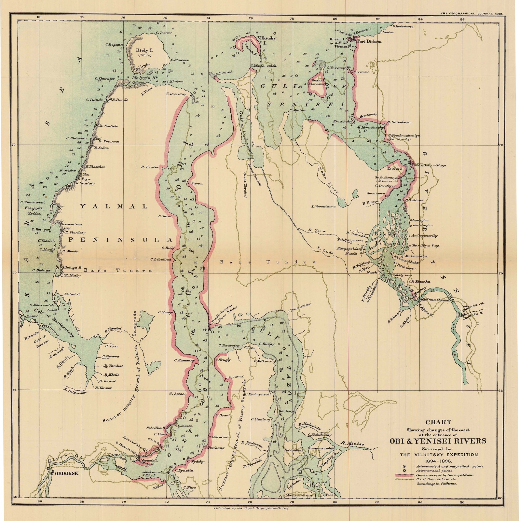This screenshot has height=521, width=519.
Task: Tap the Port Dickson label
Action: [x=369, y=41]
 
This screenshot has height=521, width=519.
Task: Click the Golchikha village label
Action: [x=430, y=165]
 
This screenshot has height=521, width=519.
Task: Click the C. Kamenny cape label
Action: [x=184, y=360]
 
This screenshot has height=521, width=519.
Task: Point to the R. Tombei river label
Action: [x=150, y=167]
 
